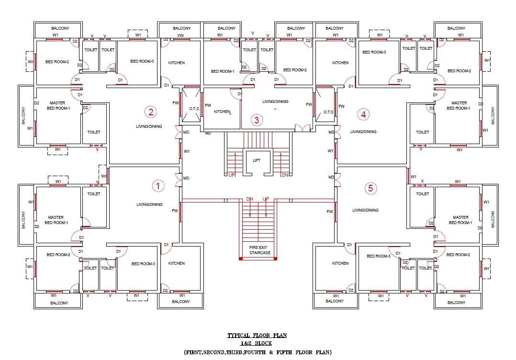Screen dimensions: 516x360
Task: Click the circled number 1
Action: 158,186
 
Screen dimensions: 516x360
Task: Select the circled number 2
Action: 151,112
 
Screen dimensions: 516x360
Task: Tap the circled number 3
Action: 257,120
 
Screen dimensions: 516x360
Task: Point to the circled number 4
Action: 363,114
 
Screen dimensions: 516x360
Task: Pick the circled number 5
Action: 370,188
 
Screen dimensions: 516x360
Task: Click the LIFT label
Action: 257,160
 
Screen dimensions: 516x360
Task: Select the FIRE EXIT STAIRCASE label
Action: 259,250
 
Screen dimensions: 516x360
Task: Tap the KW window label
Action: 180,35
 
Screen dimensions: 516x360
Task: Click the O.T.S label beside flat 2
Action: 194,109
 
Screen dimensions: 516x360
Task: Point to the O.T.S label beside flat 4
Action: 328,112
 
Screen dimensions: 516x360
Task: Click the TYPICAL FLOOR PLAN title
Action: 257,336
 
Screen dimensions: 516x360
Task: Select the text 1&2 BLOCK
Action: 257,344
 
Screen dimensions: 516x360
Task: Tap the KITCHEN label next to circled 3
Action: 222,112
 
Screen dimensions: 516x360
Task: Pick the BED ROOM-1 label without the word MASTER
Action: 223,71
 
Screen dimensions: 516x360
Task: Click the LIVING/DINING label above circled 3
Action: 275,101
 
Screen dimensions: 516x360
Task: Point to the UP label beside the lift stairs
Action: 232,175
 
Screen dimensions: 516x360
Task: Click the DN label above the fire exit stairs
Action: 250,199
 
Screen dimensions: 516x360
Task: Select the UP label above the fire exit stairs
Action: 266,199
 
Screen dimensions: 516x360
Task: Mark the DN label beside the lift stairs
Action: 285,175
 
